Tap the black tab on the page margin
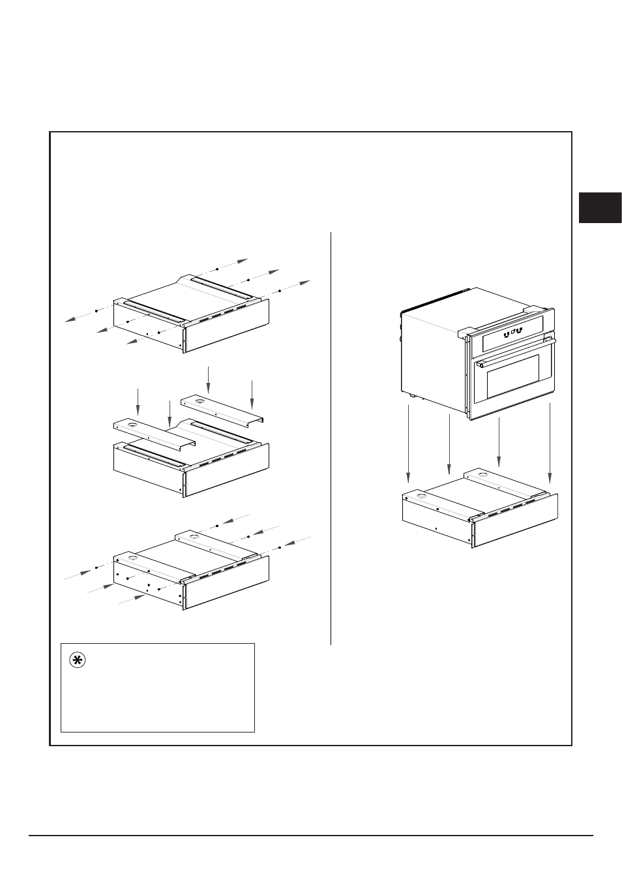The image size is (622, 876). (600, 207)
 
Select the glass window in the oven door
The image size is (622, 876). (515, 379)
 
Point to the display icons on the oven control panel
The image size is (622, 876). (513, 331)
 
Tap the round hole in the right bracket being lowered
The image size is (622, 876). (199, 400)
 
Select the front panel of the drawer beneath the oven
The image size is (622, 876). (515, 521)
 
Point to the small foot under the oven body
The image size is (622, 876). (411, 395)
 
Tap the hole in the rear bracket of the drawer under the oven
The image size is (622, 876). (482, 474)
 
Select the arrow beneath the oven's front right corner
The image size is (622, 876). (550, 444)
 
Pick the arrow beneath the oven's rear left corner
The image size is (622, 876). (449, 444)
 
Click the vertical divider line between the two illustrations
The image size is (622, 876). (331, 437)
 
